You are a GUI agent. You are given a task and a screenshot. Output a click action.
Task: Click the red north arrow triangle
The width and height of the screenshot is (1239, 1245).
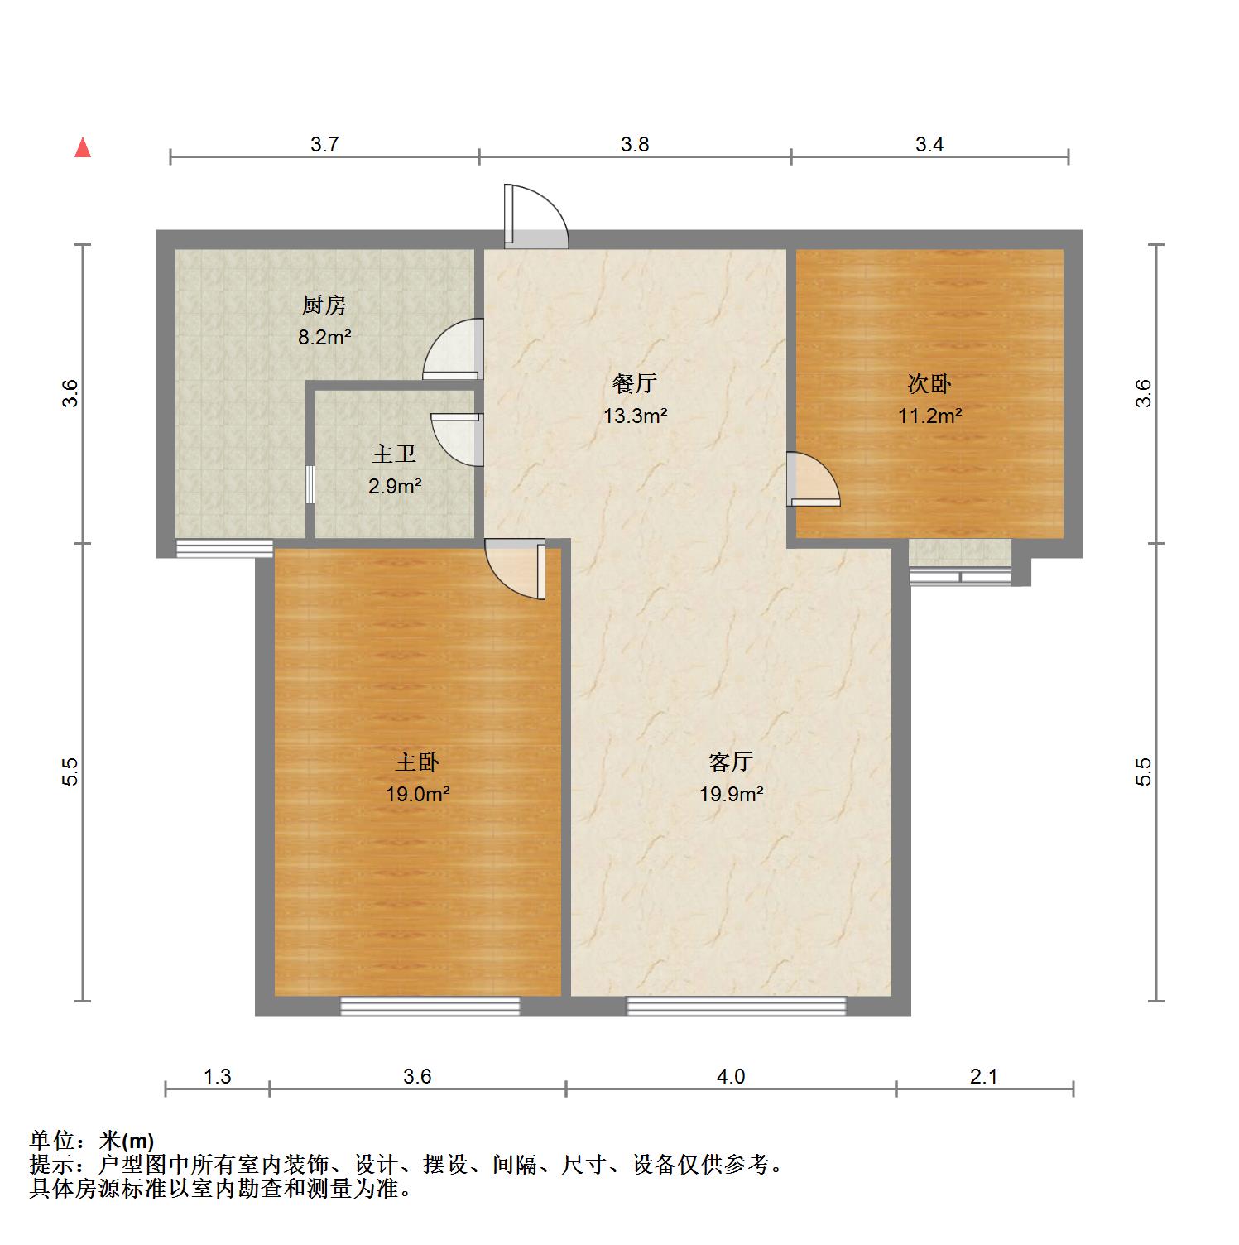point(83,147)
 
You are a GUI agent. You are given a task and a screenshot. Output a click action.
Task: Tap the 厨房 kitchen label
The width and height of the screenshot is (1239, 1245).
point(324,305)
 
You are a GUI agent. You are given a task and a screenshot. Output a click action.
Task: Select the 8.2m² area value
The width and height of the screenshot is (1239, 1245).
point(324,337)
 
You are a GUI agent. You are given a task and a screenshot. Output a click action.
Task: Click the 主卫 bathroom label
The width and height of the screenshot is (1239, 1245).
point(394,454)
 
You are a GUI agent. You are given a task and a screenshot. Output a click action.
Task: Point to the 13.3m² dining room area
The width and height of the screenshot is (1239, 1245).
point(636,416)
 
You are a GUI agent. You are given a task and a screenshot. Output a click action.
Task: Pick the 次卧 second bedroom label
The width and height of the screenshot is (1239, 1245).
point(930,384)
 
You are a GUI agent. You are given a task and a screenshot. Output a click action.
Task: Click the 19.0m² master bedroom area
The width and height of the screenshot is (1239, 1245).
point(417,795)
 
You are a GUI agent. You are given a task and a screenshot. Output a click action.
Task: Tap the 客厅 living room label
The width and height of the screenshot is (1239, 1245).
point(731,762)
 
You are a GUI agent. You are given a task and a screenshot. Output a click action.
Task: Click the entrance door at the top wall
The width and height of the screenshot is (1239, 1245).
point(537,217)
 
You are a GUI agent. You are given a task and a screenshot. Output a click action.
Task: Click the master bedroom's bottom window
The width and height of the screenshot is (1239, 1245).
point(430,1007)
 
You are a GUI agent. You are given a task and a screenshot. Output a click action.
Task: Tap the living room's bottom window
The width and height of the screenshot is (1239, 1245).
point(737,1007)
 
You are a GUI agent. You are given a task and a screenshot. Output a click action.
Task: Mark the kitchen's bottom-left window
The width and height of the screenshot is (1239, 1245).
point(225,548)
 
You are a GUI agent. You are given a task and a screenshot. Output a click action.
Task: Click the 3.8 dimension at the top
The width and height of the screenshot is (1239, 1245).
point(635,144)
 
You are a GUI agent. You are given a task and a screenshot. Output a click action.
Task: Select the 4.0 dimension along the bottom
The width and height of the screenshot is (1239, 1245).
point(731,1076)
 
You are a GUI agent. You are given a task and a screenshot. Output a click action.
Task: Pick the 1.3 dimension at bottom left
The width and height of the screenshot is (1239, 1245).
point(218,1076)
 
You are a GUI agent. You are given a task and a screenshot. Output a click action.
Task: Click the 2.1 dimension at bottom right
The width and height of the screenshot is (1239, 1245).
point(984,1076)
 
